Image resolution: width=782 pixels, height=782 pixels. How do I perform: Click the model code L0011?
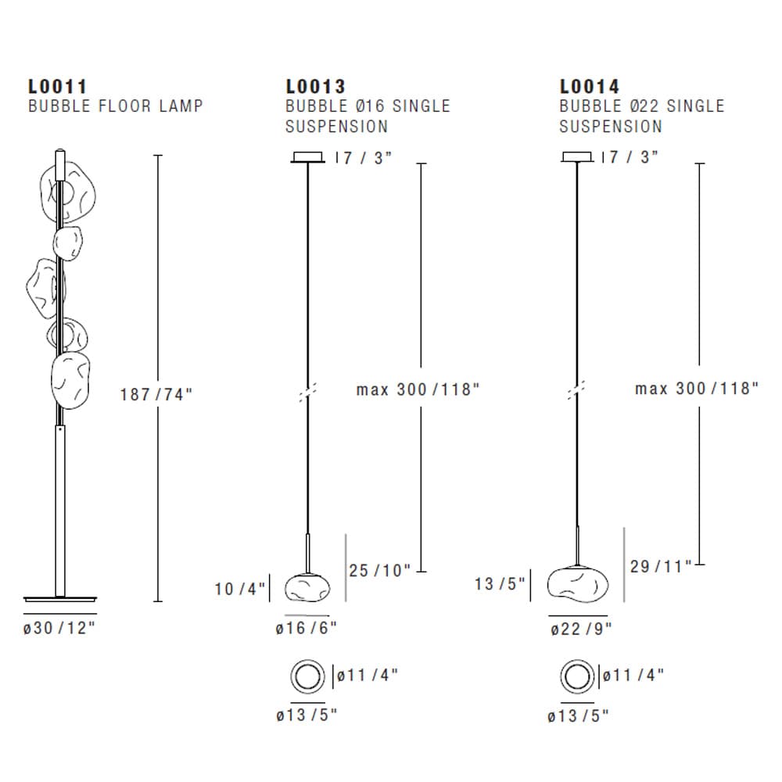coord(57,86)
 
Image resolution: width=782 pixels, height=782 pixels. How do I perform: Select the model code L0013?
coord(315,86)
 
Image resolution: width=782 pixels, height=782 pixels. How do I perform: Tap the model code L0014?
coord(590,86)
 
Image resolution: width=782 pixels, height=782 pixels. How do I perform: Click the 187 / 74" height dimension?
coord(156,394)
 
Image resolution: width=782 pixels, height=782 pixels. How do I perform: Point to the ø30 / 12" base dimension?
coord(59,628)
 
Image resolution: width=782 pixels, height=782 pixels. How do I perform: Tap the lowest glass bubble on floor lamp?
coord(70,380)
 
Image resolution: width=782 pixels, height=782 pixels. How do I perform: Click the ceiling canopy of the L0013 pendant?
coord(308,157)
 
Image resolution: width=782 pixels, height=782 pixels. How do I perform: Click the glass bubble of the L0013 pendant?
coord(307,588)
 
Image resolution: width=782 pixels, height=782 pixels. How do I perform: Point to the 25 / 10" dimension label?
coord(379,571)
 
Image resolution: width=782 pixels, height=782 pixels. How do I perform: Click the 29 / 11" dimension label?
coord(661,566)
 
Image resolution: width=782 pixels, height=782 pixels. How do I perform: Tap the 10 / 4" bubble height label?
coord(240,588)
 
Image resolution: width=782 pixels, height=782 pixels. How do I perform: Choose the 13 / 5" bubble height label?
coord(500,583)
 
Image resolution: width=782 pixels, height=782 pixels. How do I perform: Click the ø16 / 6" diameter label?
coord(307,628)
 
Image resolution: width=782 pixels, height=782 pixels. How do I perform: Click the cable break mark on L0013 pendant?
coord(308,393)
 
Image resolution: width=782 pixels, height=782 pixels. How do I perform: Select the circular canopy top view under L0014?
coord(578,676)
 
